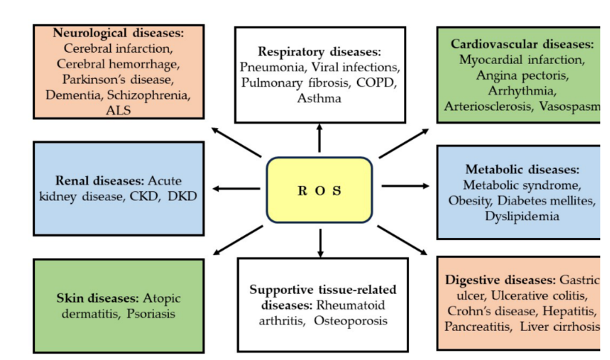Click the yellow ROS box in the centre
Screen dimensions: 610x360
coord(319,190)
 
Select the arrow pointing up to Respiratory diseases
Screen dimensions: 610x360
coord(319,138)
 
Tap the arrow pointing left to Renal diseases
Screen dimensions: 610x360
coord(236,188)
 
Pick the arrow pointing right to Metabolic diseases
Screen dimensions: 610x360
coord(405,186)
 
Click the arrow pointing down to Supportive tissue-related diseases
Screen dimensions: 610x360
coord(320,243)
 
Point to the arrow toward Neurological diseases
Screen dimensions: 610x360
coord(237,142)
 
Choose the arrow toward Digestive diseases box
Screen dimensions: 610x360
coord(402,240)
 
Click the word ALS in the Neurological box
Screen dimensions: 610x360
coord(118,110)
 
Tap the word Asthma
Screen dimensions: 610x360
coord(319,98)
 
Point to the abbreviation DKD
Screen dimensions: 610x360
coord(182,196)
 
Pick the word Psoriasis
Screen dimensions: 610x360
coord(151,313)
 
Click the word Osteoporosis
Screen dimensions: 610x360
coord(350,321)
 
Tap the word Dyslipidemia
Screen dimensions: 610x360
coord(522,216)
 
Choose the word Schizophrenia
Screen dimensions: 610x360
coord(149,95)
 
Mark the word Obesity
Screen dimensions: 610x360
coord(471,201)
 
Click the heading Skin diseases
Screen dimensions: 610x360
coord(97,298)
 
